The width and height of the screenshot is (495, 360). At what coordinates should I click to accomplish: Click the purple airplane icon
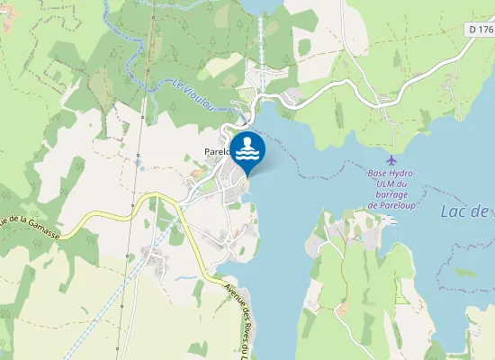click(x=390, y=159)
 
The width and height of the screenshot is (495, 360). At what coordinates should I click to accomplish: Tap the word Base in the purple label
click(x=377, y=173)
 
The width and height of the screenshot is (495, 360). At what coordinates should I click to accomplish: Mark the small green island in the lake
click(x=466, y=271)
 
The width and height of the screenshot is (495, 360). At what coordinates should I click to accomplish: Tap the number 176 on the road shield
click(x=486, y=30)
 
